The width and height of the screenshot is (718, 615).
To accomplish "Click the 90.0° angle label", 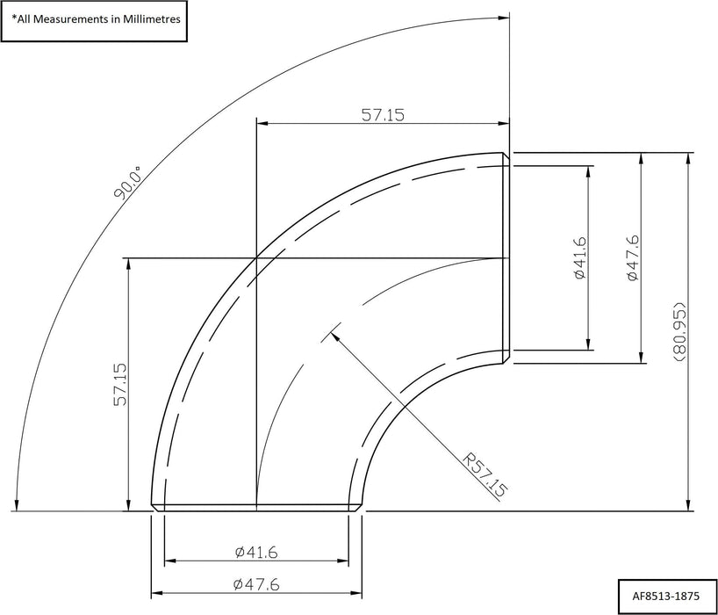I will (x=128, y=183).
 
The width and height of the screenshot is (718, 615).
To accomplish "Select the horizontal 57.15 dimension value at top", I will (x=382, y=114).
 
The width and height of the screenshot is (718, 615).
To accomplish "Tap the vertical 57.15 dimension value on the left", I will (x=120, y=384).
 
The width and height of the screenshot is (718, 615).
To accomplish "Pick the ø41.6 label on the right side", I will (x=578, y=257).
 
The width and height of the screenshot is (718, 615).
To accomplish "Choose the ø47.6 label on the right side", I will (x=633, y=257).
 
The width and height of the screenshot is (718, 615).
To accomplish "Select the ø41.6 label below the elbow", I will (x=256, y=552).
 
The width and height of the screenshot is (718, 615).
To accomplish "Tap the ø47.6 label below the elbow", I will (x=256, y=583).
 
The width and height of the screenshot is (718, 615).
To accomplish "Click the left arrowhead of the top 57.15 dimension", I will (x=257, y=123).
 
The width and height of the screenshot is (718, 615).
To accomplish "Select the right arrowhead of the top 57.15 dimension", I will (x=507, y=123).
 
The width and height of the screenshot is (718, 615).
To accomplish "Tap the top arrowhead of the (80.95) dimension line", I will (x=686, y=155).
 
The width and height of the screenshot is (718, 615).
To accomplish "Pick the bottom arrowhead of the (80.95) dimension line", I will (x=686, y=509).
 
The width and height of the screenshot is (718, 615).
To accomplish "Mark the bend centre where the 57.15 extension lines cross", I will (x=255, y=257).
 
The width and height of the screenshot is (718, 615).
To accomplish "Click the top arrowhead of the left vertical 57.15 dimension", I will (x=130, y=259).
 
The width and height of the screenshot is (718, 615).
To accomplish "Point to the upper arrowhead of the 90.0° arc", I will (x=506, y=15).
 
